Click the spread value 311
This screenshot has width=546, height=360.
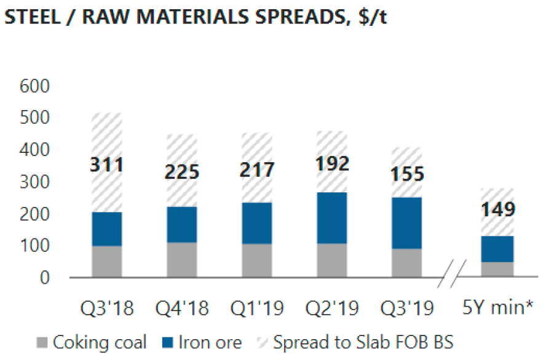(x=107, y=165)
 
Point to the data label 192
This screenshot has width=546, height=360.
(x=332, y=163)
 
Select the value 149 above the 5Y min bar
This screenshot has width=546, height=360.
(x=498, y=209)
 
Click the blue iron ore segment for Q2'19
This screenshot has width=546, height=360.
(x=332, y=217)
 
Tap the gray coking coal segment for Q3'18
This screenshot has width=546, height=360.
(x=107, y=262)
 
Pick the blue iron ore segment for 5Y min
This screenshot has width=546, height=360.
(x=498, y=249)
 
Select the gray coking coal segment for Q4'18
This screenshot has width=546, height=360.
(x=182, y=260)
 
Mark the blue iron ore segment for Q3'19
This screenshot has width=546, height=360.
(x=407, y=222)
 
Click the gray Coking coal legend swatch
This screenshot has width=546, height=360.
(x=42, y=342)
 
